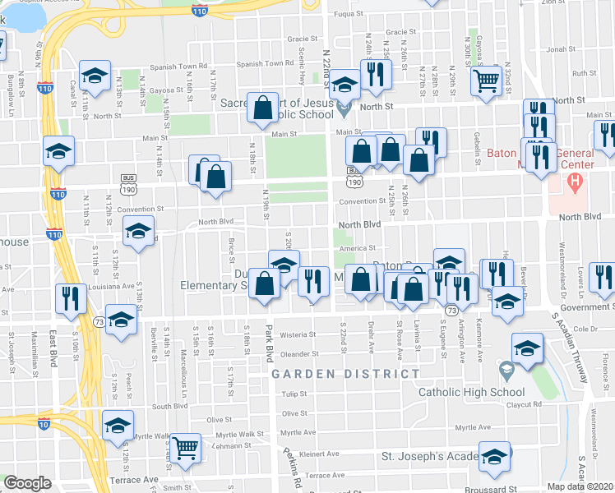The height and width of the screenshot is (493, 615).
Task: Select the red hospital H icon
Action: point(576,181)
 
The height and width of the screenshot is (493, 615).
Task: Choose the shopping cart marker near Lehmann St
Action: point(187,448)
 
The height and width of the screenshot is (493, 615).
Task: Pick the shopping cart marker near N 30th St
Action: point(487,81)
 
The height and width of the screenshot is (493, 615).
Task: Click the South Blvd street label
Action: point(169,406)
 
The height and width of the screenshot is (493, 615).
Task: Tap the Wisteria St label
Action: point(298,335)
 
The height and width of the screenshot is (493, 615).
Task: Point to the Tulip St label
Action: point(294,394)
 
